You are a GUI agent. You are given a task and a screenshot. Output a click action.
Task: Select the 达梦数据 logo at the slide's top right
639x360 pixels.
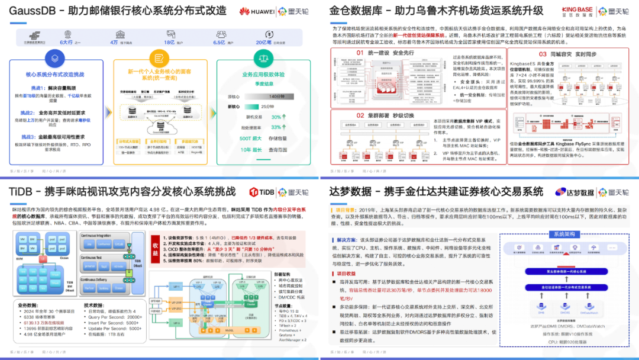coord(575,192)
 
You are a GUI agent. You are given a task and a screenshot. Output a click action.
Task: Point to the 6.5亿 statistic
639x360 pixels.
coord(219,42)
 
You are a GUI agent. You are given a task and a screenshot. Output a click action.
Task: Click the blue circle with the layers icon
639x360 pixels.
coord(54,58)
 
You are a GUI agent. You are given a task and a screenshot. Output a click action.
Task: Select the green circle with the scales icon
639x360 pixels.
coord(263,58)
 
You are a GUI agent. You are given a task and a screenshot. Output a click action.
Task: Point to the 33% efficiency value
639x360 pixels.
coord(276,127)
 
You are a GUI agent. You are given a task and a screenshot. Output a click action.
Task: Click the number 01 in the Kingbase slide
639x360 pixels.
coord(360,53)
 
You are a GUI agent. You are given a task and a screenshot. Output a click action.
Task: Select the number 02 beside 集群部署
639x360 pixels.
coord(360,115)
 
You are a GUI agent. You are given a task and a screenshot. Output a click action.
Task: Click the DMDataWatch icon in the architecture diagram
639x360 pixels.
coord(589,303)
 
